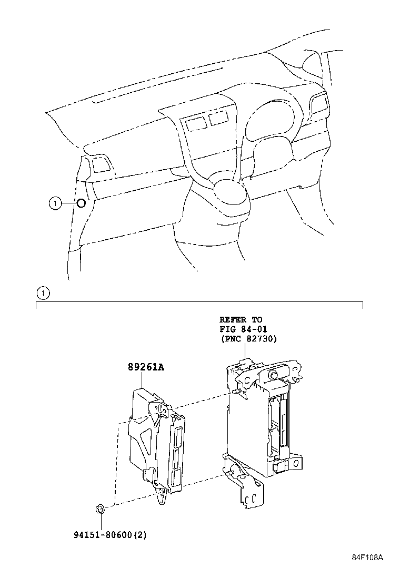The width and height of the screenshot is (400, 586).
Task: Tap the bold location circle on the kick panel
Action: [x=81, y=203]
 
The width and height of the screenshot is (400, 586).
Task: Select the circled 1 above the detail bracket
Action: [x=43, y=293]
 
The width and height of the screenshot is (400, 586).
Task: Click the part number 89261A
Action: [x=145, y=368]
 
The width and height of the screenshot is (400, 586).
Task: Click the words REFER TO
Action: [x=241, y=320]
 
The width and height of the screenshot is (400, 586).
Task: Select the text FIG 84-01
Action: [x=244, y=329]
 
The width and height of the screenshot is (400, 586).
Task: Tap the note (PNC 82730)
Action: [x=248, y=339]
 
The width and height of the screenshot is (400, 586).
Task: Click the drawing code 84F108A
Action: [x=368, y=558]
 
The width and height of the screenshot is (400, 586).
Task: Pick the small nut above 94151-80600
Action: [x=99, y=509]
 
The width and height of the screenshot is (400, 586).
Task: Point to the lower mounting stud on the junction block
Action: [x=230, y=472]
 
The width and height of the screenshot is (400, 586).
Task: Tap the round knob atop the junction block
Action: [x=274, y=375]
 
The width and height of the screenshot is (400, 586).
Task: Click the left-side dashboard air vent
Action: [x=99, y=166]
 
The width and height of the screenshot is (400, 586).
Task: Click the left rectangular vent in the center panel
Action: [x=195, y=123]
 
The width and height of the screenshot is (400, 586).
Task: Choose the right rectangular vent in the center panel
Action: [x=218, y=118]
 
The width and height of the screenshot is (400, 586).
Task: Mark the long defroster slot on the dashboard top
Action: [x=158, y=85]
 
